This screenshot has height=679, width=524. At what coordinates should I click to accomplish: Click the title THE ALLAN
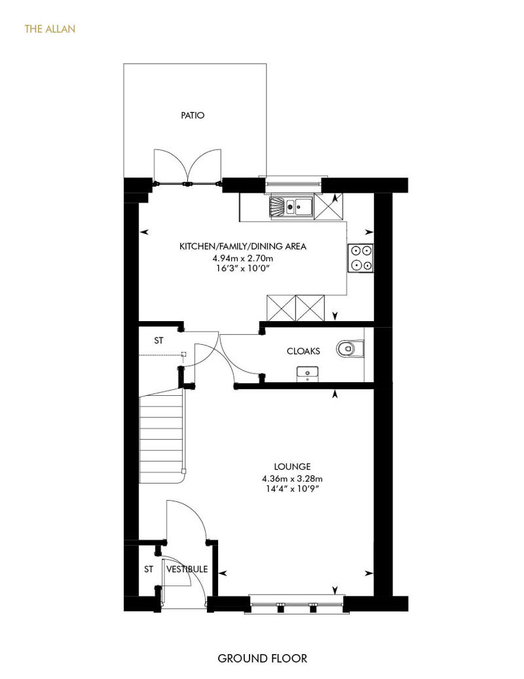(50, 29)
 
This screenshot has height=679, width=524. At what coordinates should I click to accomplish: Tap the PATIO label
(193, 115)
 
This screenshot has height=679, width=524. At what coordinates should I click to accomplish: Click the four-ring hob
(361, 258)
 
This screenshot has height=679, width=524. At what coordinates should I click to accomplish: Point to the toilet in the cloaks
(350, 349)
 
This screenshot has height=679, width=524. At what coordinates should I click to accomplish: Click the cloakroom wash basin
(307, 374)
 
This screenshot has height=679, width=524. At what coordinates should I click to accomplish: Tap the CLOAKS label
(303, 351)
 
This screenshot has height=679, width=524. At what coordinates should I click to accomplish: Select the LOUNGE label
(292, 467)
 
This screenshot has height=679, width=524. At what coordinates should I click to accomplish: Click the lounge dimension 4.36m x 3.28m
(292, 479)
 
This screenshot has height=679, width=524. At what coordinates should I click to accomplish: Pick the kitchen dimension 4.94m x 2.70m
(242, 258)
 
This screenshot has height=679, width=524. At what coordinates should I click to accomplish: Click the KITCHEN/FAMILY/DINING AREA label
(243, 246)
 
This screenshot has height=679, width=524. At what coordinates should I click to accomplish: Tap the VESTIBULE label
(187, 569)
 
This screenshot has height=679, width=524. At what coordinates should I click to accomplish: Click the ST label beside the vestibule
(149, 569)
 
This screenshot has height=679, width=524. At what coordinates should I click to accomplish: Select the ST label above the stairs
(159, 341)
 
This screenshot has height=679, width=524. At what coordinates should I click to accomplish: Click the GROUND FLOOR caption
(262, 659)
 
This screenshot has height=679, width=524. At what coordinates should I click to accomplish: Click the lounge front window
(297, 604)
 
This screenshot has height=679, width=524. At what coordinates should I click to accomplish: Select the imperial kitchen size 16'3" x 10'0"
(243, 269)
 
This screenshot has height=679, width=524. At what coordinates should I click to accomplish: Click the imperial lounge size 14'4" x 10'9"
(292, 490)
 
